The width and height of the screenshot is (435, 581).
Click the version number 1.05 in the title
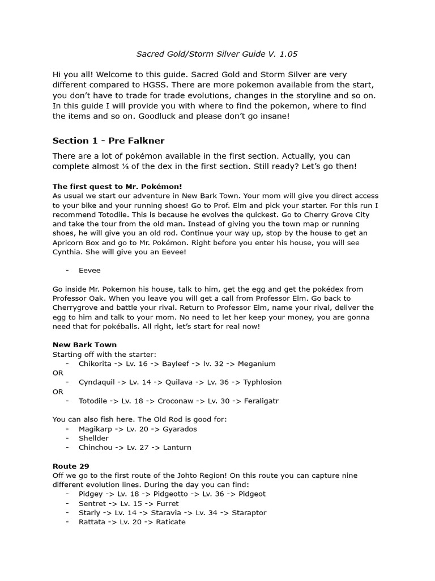pyautogui.click(x=287, y=54)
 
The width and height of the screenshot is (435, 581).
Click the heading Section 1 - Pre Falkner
pyautogui.click(x=108, y=141)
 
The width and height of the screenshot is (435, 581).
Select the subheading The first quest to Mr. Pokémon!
pyautogui.click(x=117, y=186)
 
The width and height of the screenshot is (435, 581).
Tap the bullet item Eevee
pyautogui.click(x=89, y=271)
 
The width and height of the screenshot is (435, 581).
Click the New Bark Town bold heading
pyautogui.click(x=84, y=344)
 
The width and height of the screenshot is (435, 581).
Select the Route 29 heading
pyautogui.click(x=71, y=466)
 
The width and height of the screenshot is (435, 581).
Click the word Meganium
pyautogui.click(x=257, y=364)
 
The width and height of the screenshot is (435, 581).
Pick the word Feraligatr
pyautogui.click(x=261, y=401)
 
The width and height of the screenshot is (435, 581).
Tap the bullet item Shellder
pyautogui.click(x=93, y=438)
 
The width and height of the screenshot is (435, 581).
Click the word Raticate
pyautogui.click(x=170, y=522)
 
